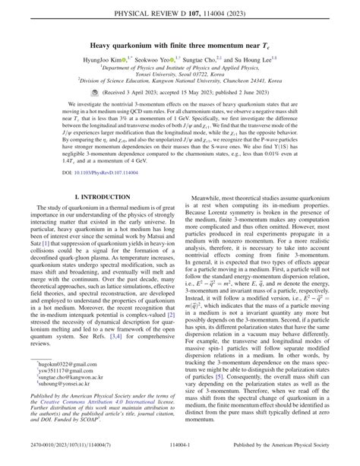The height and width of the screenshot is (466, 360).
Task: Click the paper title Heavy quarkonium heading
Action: click(x=179, y=46)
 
